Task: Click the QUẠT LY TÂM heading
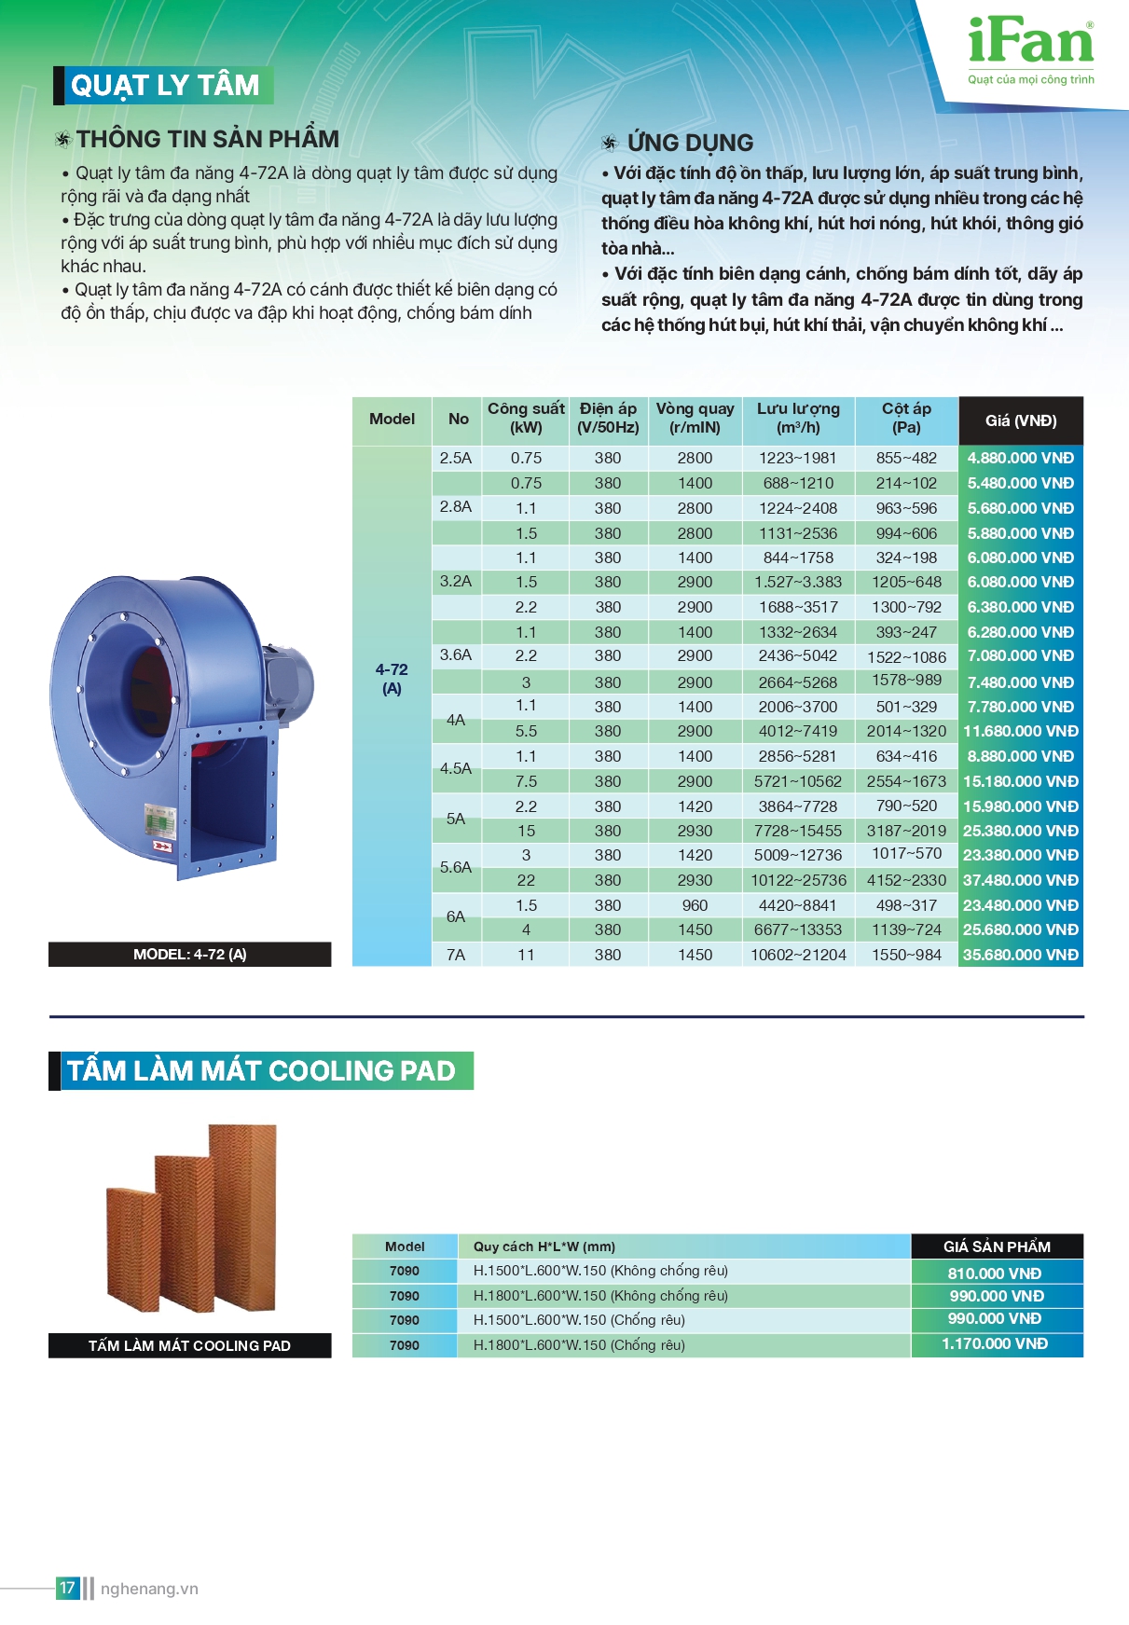click(164, 86)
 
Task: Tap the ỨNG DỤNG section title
click(689, 143)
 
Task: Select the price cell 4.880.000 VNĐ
click(1020, 458)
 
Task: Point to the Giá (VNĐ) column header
click(1020, 420)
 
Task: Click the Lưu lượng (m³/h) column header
click(798, 419)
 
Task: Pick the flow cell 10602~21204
click(798, 955)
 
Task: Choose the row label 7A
click(455, 955)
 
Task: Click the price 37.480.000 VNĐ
click(1020, 880)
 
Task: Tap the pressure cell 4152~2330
click(906, 880)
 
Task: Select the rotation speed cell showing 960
click(695, 905)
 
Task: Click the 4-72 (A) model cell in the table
click(392, 679)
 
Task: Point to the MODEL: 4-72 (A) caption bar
click(189, 955)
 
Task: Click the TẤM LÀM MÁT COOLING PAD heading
click(261, 1070)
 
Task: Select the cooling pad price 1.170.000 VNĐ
click(995, 1344)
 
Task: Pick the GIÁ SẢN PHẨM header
click(996, 1246)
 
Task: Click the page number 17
click(67, 1588)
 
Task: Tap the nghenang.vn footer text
click(149, 1589)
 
